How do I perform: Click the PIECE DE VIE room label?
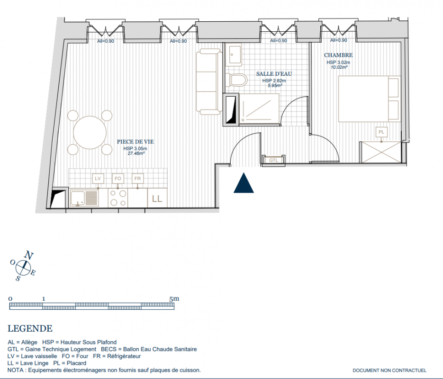click(136, 142)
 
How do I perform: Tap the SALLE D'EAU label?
click(274, 74)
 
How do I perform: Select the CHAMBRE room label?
click(338, 55)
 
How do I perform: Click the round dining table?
click(90, 133)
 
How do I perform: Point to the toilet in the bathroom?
click(237, 80)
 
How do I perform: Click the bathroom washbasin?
click(234, 54)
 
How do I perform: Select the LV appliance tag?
click(98, 179)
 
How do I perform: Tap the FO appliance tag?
click(118, 179)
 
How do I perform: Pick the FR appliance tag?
click(137, 179)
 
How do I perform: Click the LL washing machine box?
click(157, 198)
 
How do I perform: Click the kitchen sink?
click(84, 198)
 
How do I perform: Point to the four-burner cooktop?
click(118, 198)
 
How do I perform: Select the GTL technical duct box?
click(273, 160)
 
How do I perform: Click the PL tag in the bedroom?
click(381, 132)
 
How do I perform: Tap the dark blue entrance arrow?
click(244, 183)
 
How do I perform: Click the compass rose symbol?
click(23, 266)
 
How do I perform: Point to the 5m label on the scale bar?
click(174, 298)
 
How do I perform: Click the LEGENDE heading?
click(30, 328)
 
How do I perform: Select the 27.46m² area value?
click(136, 153)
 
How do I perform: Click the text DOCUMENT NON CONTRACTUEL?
click(389, 370)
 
